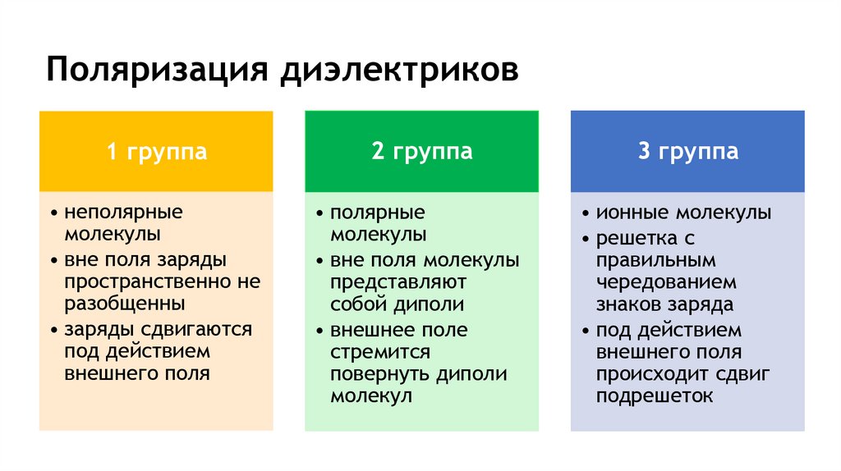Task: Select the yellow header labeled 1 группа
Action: click(x=156, y=152)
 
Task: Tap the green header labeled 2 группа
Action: click(x=421, y=152)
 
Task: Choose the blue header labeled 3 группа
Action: click(x=687, y=152)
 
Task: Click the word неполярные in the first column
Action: click(x=123, y=213)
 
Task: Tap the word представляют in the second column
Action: click(x=398, y=282)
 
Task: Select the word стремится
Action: click(x=380, y=352)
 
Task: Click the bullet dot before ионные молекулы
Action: click(x=585, y=214)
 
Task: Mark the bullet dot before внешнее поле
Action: click(x=319, y=331)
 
